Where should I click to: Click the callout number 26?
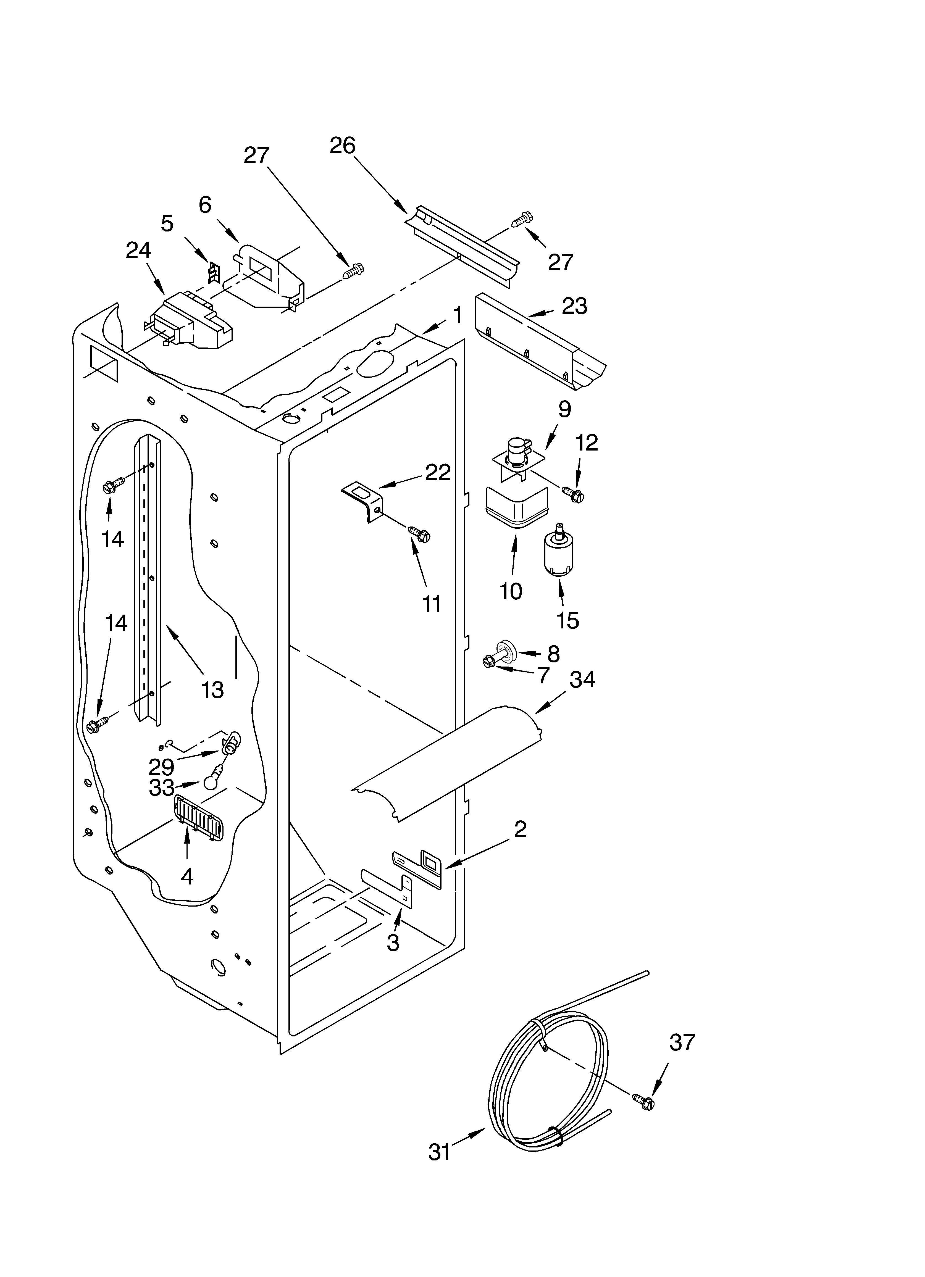point(343,146)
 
